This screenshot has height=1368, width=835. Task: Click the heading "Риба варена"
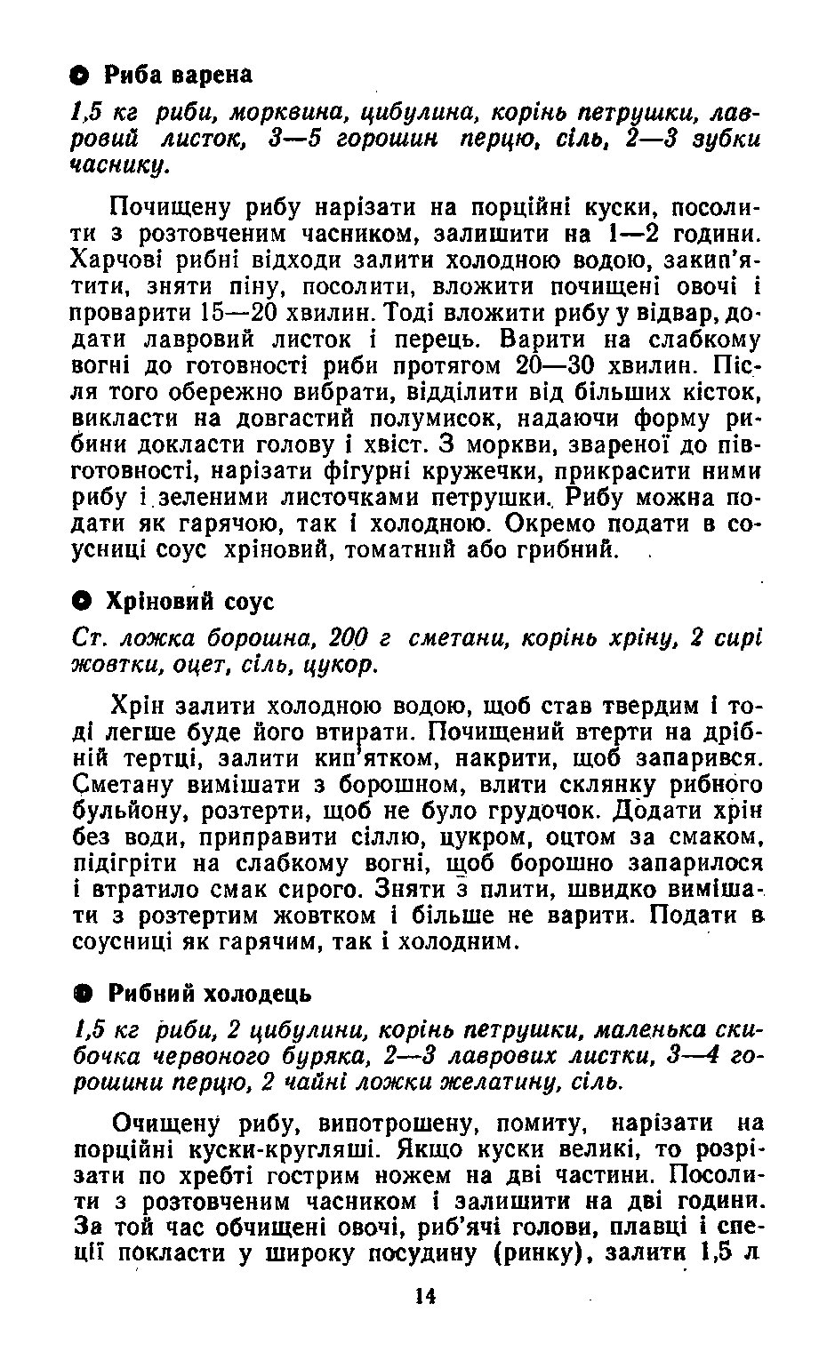179,75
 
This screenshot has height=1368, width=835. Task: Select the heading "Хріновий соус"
189,602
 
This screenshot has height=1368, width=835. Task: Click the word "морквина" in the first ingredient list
277,114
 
